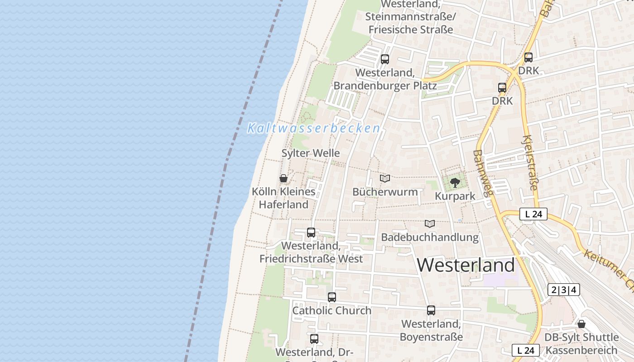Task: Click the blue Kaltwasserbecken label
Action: tap(313, 129)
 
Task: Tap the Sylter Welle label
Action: tap(311, 153)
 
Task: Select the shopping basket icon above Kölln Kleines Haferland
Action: tap(283, 178)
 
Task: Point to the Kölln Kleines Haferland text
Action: tap(284, 198)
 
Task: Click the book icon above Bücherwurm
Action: tap(385, 178)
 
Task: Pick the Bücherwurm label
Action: tap(385, 192)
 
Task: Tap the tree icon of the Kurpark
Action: tap(455, 183)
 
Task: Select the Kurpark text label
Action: tap(455, 196)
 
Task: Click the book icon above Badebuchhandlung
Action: tap(430, 224)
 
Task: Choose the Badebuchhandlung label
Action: tap(430, 237)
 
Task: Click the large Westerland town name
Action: tap(466, 265)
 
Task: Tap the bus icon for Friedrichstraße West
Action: tap(311, 233)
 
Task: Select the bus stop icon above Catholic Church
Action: tap(332, 297)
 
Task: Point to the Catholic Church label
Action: tap(332, 311)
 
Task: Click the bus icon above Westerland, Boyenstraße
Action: tap(431, 310)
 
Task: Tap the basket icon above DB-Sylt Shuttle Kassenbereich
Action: tap(581, 324)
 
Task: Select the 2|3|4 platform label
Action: tap(564, 290)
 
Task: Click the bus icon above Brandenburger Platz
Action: tap(385, 59)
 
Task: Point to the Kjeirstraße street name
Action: tap(531, 162)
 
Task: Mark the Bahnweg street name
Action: tap(482, 173)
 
